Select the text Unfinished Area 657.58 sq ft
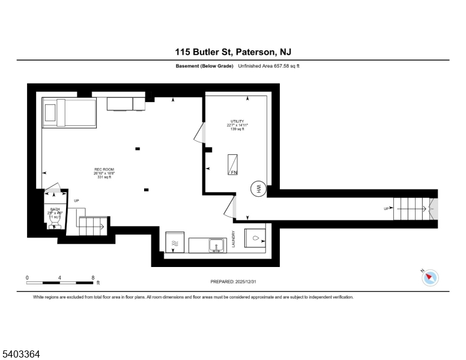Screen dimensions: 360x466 (268, 65)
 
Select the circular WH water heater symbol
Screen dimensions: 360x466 (258, 189)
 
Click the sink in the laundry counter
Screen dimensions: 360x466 (216, 245)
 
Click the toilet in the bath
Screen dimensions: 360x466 (53, 223)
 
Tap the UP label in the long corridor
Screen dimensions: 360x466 (386, 209)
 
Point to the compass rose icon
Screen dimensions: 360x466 (430, 277)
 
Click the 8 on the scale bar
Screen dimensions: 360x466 (92, 277)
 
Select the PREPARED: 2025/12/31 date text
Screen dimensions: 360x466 (233, 281)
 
